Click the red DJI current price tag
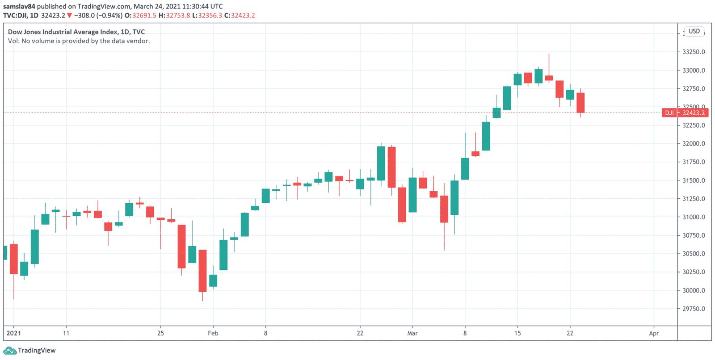point(685,113)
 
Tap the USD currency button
point(694,31)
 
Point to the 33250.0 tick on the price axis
point(694,52)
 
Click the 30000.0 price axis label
point(694,290)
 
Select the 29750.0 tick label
point(694,309)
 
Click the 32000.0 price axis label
point(694,143)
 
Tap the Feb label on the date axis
point(213,333)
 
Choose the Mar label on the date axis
point(412,333)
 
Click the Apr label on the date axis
point(654,333)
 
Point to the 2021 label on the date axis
point(14,333)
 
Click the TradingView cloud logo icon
point(9,351)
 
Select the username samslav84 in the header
point(19,6)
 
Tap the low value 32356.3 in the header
point(210,15)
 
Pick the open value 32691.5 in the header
point(144,15)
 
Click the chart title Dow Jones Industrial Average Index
point(63,32)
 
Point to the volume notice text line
point(79,41)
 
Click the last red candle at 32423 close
point(580,103)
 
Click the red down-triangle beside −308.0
point(69,16)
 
